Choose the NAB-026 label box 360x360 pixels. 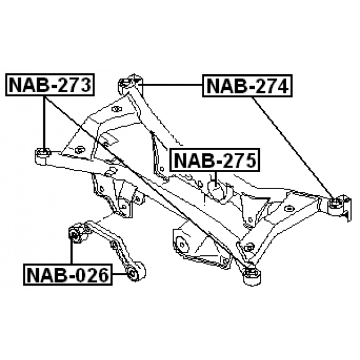point(67,276)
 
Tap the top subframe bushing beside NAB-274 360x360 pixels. point(128,83)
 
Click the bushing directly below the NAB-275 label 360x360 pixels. point(217,188)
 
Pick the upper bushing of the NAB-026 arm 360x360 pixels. point(74,233)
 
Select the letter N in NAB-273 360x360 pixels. point(16,85)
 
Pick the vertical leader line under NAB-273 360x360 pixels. point(44,121)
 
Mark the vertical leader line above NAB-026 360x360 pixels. point(72,253)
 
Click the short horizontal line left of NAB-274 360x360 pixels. point(172,83)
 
